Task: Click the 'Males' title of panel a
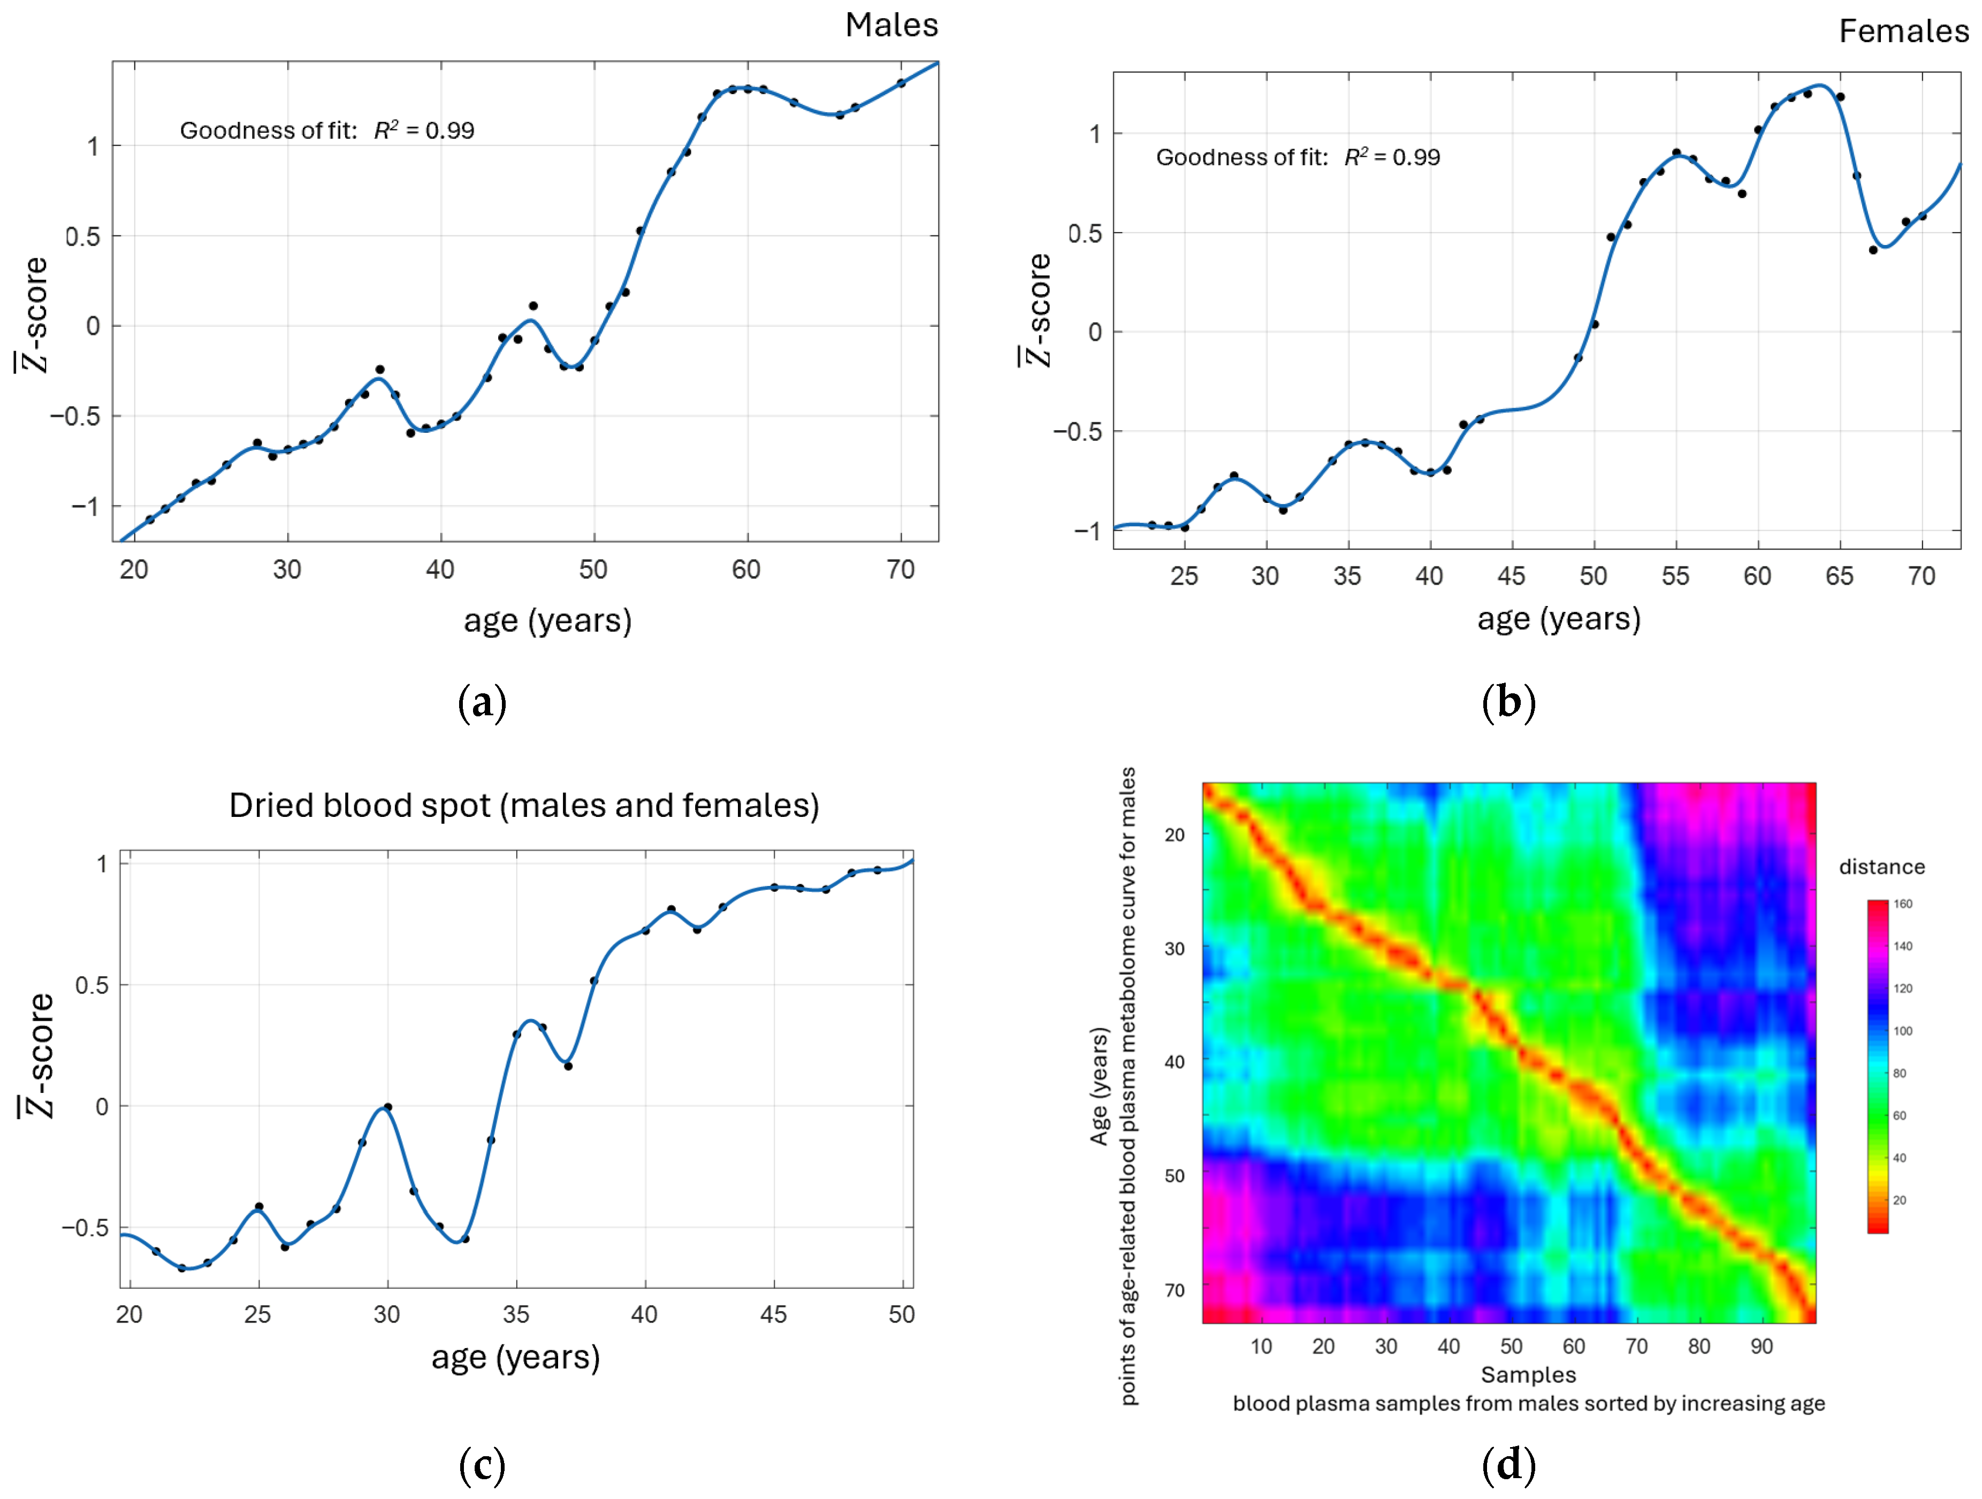(891, 25)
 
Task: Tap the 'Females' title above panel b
(1903, 32)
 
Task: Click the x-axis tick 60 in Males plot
(746, 569)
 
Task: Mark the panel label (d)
(1509, 1464)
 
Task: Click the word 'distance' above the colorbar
(1881, 867)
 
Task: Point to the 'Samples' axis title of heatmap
(1528, 1374)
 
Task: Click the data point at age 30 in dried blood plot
(387, 1107)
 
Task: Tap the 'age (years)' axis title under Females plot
(1559, 618)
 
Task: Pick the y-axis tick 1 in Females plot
(1094, 134)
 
